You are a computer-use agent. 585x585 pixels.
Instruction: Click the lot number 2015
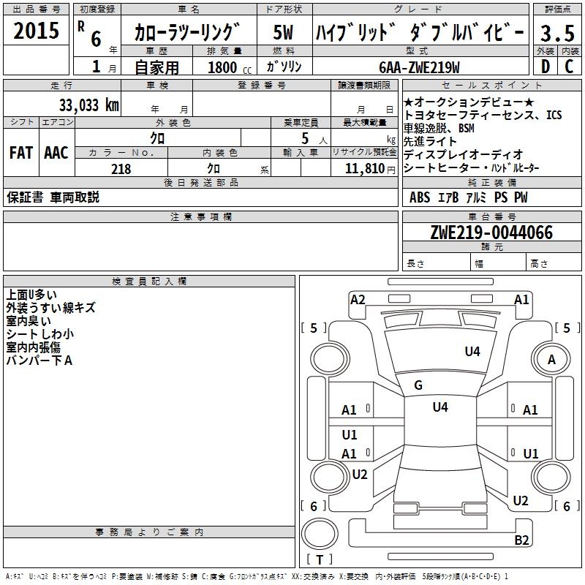(x=37, y=31)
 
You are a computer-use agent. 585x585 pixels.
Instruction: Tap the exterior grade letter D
(x=545, y=66)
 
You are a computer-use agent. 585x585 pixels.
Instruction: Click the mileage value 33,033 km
(x=88, y=105)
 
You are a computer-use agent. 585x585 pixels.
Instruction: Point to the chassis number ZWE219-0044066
(x=491, y=233)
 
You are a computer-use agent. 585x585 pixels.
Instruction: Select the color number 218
(x=121, y=169)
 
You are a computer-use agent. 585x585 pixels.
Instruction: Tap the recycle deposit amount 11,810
(x=364, y=169)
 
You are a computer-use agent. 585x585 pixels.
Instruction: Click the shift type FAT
(x=20, y=153)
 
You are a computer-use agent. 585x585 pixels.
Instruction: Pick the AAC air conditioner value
(x=56, y=153)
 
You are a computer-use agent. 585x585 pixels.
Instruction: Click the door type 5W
(x=284, y=34)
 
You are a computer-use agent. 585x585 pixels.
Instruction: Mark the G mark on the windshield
(x=418, y=385)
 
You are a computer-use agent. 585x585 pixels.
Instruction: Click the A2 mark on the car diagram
(x=358, y=299)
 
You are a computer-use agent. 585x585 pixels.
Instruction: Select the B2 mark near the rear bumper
(x=521, y=540)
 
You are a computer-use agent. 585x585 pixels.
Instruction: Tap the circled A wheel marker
(x=552, y=359)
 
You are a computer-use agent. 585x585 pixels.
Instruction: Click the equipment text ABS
(x=420, y=197)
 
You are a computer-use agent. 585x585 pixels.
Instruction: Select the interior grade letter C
(x=570, y=66)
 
